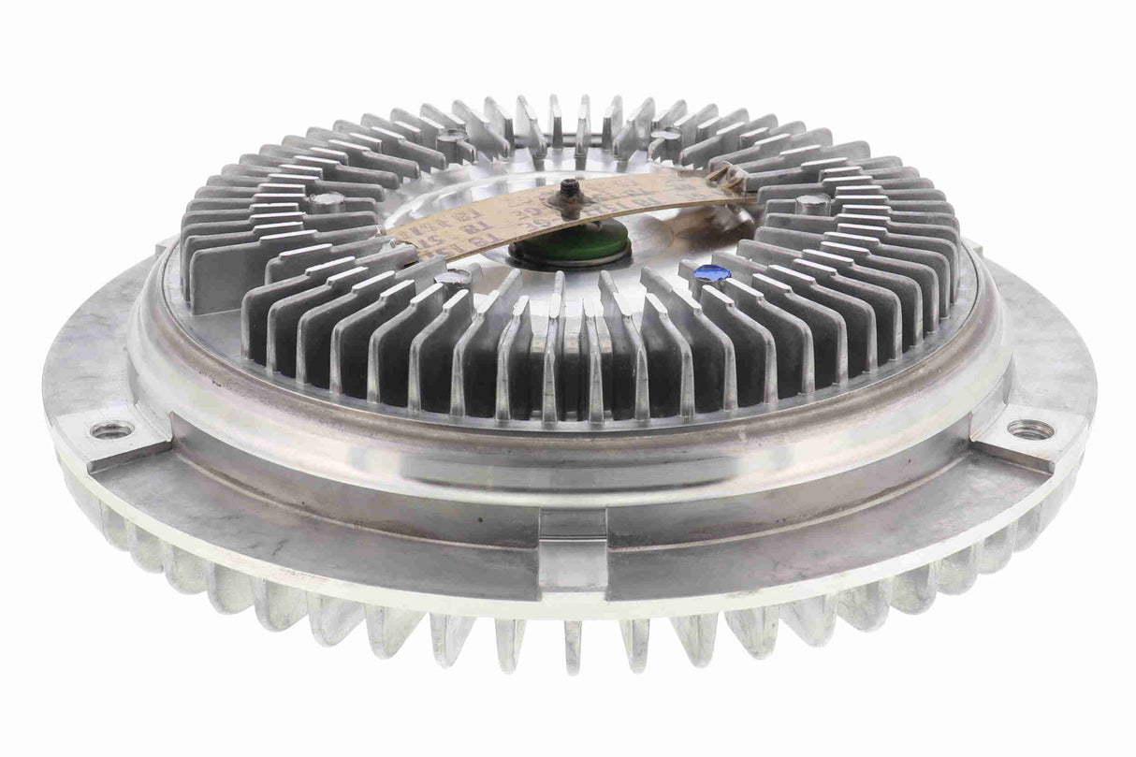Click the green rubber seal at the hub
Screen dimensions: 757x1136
tap(569, 247)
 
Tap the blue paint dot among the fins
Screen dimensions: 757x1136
tap(711, 273)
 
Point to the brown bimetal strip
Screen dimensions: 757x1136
tap(561, 208)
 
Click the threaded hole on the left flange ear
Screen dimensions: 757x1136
tap(111, 429)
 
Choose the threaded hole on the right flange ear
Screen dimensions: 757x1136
tap(1030, 429)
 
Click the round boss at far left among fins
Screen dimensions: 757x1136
tap(325, 201)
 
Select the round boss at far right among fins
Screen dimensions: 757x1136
tap(811, 201)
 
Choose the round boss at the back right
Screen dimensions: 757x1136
tap(665, 137)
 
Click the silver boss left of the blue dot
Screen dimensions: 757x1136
tap(453, 278)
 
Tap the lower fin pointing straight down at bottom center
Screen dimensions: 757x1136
tap(573, 646)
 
